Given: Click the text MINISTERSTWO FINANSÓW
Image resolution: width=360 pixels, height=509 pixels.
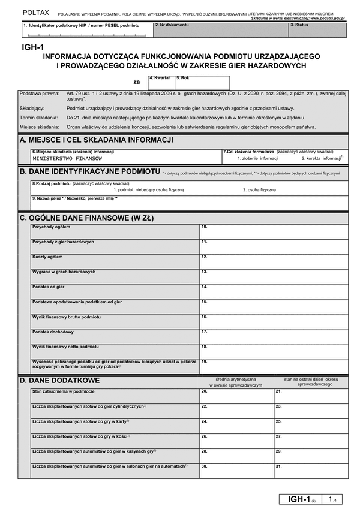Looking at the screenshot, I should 68,159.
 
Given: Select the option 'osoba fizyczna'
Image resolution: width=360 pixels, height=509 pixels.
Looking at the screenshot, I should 259,189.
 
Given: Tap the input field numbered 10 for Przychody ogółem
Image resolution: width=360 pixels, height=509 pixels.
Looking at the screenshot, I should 273,231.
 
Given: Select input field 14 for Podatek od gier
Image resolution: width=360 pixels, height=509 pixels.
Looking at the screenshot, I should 273,291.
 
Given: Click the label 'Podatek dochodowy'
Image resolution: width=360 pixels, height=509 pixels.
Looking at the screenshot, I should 53,332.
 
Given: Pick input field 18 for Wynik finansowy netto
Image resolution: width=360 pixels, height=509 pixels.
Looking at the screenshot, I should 273,351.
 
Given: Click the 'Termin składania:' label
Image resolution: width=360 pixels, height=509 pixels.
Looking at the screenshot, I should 38,118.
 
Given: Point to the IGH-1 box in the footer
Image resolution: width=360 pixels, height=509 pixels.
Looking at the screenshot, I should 300,498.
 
